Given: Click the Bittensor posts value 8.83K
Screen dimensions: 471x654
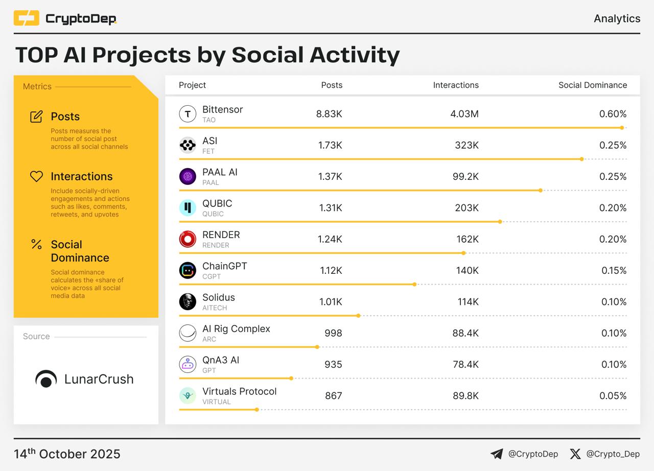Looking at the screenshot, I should (329, 114).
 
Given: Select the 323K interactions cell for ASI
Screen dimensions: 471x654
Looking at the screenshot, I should (466, 145).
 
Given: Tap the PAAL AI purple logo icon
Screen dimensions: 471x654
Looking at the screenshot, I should (188, 176).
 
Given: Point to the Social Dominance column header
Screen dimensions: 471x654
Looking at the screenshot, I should (592, 85).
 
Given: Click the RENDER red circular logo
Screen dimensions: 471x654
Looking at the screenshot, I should (188, 239).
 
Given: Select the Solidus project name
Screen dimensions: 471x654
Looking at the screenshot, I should (218, 297).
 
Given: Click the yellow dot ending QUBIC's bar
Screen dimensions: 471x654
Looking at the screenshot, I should (500, 222).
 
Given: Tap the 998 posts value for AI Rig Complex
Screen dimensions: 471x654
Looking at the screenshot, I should (333, 333).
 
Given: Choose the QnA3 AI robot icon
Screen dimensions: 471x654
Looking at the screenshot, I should (188, 364).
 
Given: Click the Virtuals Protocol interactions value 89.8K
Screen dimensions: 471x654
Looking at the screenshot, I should (465, 395).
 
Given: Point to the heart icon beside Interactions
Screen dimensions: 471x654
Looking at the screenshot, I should (36, 176).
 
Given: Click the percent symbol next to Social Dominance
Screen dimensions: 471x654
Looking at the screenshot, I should (36, 244).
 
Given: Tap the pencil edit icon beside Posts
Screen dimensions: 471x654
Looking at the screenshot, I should (36, 116).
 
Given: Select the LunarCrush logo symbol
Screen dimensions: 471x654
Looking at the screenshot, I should (46, 379).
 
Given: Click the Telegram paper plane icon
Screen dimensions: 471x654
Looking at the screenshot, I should (496, 454).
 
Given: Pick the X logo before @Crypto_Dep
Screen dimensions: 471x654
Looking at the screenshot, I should (575, 454).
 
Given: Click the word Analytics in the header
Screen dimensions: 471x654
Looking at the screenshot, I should (617, 18).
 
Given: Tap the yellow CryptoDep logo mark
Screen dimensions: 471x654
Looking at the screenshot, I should (27, 18).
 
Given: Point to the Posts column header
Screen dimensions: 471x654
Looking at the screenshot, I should (332, 85).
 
